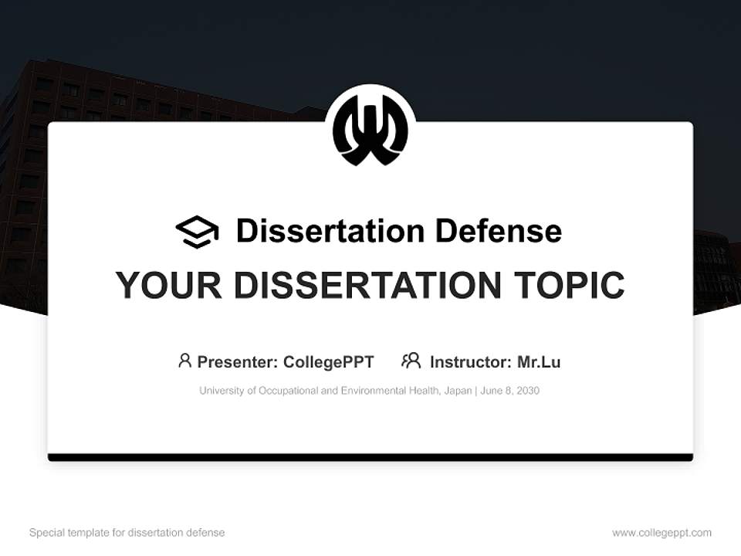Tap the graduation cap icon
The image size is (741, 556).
click(x=197, y=231)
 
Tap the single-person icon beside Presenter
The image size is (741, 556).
click(x=184, y=361)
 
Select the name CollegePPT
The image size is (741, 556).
click(x=329, y=362)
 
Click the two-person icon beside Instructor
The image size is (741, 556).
click(x=411, y=361)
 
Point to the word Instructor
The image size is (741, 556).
click(x=469, y=362)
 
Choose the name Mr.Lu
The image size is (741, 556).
click(x=539, y=362)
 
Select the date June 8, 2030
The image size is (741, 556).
click(x=509, y=391)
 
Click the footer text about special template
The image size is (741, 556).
click(x=127, y=533)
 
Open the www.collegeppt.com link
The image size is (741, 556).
click(x=661, y=533)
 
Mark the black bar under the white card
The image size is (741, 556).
click(x=370, y=457)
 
